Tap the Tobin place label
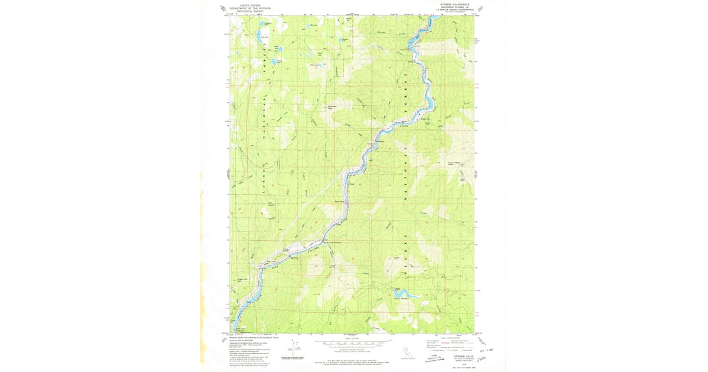click(x=353, y=183)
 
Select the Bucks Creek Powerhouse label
click(x=334, y=242)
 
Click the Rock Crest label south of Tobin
click(x=340, y=202)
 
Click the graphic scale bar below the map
click(x=350, y=342)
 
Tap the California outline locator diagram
click(x=406, y=352)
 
